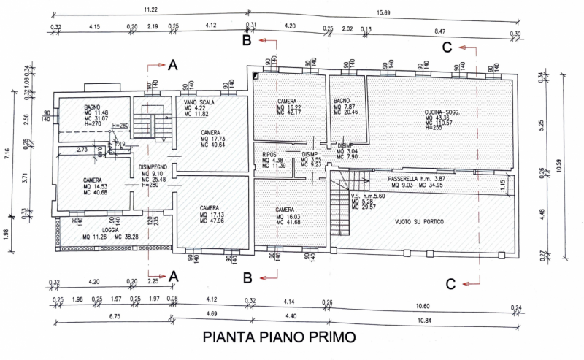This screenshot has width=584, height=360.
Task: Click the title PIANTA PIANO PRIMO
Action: (x=280, y=337)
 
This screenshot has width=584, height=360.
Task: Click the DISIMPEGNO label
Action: (x=155, y=167)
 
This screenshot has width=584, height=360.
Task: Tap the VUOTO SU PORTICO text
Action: (x=417, y=221)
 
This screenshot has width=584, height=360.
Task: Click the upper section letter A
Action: (x=173, y=65)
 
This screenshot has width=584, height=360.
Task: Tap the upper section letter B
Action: (x=247, y=42)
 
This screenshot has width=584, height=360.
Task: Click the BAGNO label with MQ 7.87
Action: (x=342, y=100)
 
